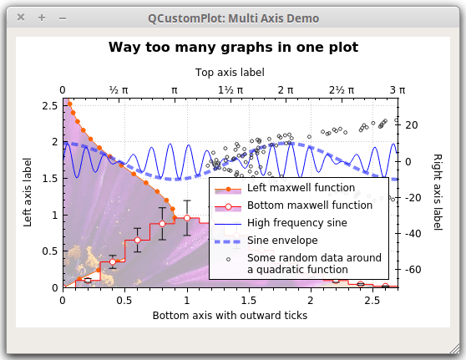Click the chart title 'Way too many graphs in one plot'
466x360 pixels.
click(x=233, y=48)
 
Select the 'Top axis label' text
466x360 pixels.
click(x=230, y=73)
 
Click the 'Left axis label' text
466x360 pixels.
click(x=28, y=193)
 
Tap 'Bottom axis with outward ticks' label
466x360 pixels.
click(x=230, y=316)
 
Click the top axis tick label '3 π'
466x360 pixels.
click(x=398, y=89)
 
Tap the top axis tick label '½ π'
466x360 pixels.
click(x=119, y=89)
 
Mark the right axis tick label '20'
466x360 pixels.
click(x=412, y=125)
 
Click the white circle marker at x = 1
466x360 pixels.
click(x=186, y=219)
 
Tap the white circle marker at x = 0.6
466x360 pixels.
click(x=137, y=241)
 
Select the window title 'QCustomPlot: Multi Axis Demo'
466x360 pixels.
click(x=233, y=18)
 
